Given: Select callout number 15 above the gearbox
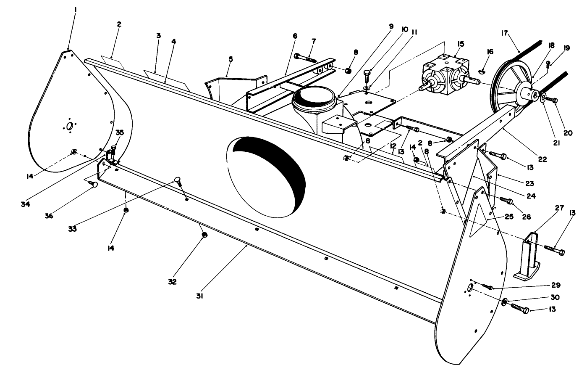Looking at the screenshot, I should [x=461, y=44].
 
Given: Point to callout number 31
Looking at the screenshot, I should [x=200, y=296].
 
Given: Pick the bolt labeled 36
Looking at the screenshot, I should [x=94, y=184].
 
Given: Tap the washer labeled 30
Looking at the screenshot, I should [x=504, y=301].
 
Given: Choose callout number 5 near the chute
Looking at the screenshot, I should [x=231, y=59].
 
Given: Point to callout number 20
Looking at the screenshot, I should [x=568, y=133].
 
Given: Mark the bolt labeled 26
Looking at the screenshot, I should [x=506, y=201].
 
